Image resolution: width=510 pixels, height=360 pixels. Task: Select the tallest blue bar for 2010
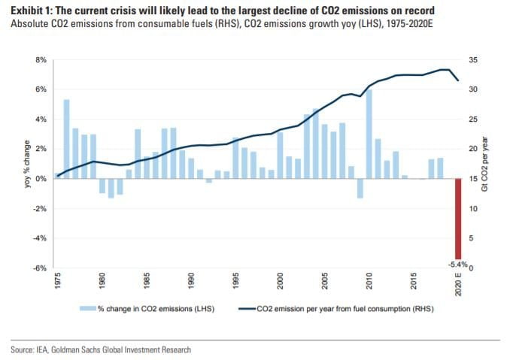pos(369,134)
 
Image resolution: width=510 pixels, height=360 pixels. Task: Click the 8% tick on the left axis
pos(41,59)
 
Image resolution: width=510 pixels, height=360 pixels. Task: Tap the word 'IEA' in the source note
pos(46,349)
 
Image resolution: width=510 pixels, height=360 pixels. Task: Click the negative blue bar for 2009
pos(360,189)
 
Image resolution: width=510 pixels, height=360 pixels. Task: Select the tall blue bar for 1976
pos(66,139)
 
